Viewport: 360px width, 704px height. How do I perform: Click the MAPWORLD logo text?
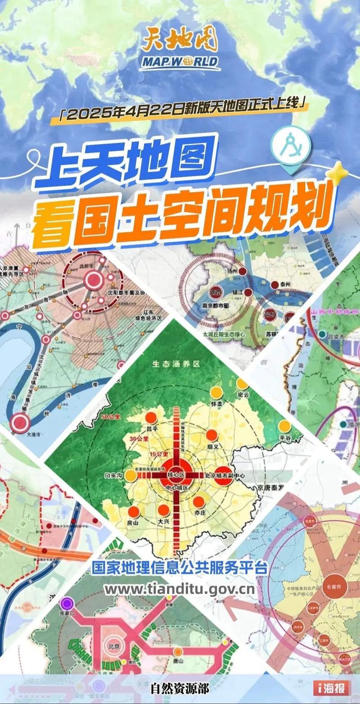tap(180, 62)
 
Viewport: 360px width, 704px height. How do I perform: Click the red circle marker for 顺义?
tap(211, 435)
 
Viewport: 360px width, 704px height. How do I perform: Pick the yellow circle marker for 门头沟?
tap(131, 475)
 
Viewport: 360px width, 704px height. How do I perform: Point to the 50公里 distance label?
tap(111, 417)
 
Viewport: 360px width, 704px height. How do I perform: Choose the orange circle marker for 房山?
tap(133, 511)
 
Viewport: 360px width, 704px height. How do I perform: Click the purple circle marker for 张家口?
tap(67, 603)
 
